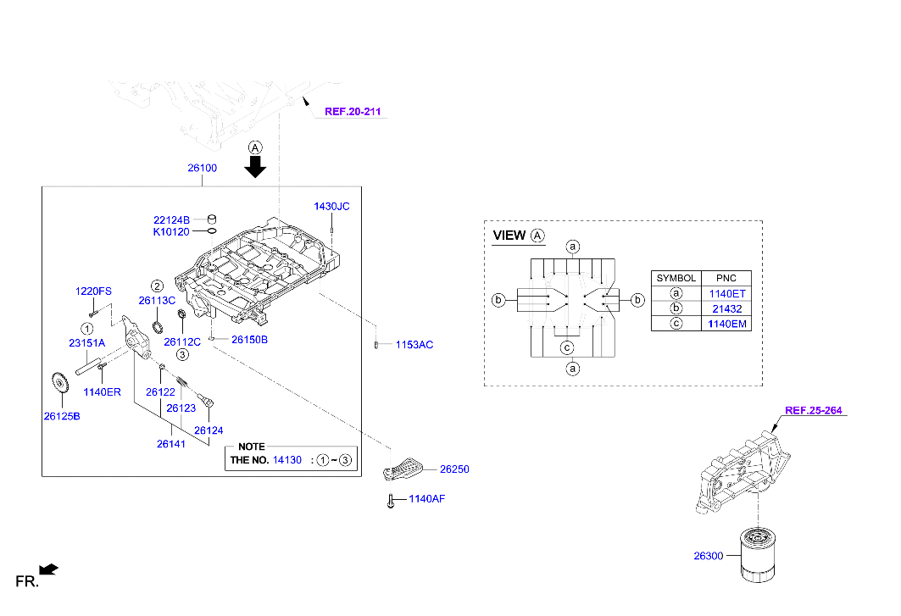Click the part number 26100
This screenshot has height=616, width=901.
pyautogui.click(x=203, y=168)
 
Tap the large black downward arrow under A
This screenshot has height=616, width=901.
pyautogui.click(x=255, y=167)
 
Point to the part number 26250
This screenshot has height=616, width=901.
pyautogui.click(x=453, y=469)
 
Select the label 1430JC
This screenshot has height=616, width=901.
pyautogui.click(x=331, y=206)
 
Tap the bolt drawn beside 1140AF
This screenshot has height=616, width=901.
pyautogui.click(x=391, y=501)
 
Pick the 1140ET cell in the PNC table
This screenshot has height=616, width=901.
pyautogui.click(x=728, y=293)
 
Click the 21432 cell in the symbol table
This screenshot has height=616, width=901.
pyautogui.click(x=728, y=308)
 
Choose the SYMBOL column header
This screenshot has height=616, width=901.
pyautogui.click(x=676, y=278)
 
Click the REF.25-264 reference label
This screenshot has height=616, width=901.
pyautogui.click(x=814, y=411)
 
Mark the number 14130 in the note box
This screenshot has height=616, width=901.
pyautogui.click(x=286, y=460)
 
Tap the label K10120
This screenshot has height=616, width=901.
pyautogui.click(x=171, y=231)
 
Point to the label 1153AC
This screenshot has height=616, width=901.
pyautogui.click(x=414, y=345)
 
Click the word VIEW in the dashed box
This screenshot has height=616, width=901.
pyautogui.click(x=509, y=236)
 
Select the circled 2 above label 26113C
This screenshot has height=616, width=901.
pyautogui.click(x=157, y=286)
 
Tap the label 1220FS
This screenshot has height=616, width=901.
pyautogui.click(x=93, y=291)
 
